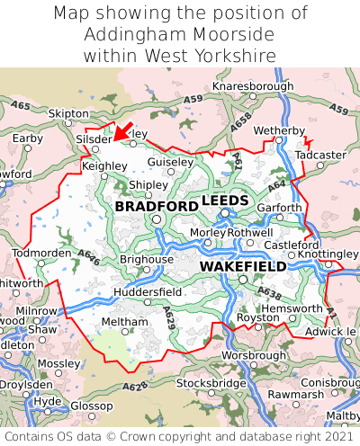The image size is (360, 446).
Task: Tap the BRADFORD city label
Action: click(x=157, y=207)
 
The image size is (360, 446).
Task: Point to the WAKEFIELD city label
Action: click(x=243, y=267)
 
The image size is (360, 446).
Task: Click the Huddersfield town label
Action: click(x=148, y=292)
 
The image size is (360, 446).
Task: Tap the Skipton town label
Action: click(x=68, y=114)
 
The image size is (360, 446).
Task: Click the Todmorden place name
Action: click(x=40, y=253)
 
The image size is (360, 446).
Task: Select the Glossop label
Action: click(x=91, y=406)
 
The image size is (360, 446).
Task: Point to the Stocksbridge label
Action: click(x=211, y=383)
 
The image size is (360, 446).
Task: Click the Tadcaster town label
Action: click(x=321, y=155)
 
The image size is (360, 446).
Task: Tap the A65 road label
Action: click(x=20, y=106)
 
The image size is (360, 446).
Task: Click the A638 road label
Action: click(x=268, y=293)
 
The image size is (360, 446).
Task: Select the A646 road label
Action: click(x=88, y=257)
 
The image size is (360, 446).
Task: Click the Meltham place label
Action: click(x=119, y=321)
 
